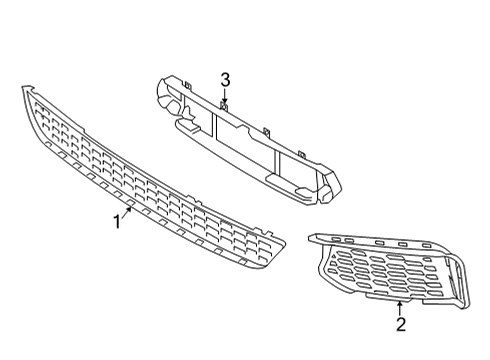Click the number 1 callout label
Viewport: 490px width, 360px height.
point(117,222)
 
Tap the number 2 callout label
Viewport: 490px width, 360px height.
point(401,324)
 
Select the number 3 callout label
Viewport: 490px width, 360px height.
point(225,78)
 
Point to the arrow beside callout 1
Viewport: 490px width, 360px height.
point(129,212)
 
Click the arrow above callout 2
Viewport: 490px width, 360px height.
point(400,305)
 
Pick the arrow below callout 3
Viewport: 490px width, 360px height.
point(225,96)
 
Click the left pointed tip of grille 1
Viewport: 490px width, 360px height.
point(24,90)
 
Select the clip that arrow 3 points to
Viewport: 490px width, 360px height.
point(225,106)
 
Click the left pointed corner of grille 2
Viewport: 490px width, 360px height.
point(313,237)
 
